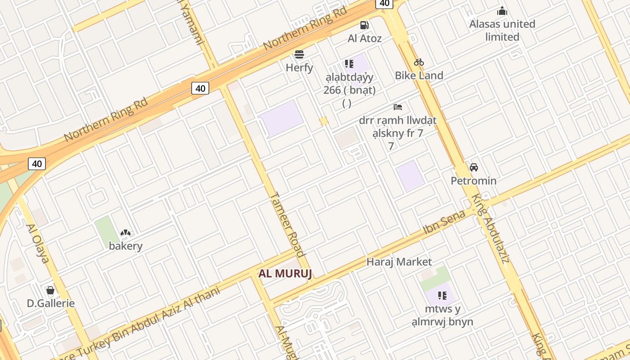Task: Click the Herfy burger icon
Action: coord(299,55)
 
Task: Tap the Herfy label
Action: coord(299,68)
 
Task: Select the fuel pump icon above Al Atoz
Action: coord(364,25)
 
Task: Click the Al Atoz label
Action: coord(364,38)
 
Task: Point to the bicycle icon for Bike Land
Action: coord(419,62)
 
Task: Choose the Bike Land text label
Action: coord(419,75)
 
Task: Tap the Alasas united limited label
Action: coord(502,30)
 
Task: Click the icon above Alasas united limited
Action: coord(502,11)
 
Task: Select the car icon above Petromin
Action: coord(474,167)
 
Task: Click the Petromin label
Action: coord(474,181)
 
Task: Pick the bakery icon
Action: coord(126,233)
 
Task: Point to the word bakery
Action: coord(126,246)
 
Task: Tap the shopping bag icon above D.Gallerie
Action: coord(50,290)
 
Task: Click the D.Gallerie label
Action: coord(51,303)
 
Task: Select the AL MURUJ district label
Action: coord(285,274)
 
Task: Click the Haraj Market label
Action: coord(399,261)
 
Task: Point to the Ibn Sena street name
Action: coord(445,223)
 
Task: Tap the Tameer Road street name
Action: coord(287,224)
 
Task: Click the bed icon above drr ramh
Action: coord(398,107)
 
